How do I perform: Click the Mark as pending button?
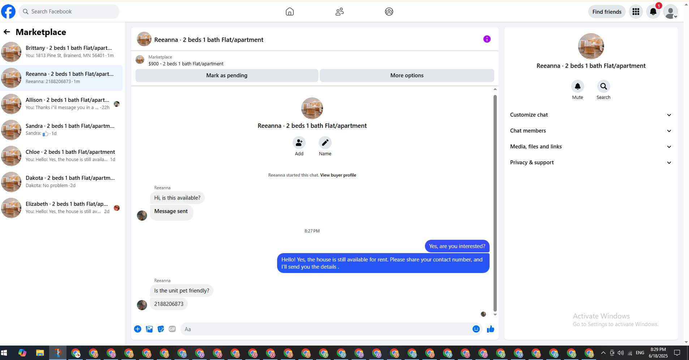227,75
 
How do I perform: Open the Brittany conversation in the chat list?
61,52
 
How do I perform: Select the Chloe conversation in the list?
61,156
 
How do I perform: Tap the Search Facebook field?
69,12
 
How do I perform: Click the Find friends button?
607,12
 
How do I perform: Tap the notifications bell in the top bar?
653,12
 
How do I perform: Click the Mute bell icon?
577,86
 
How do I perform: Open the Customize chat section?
591,115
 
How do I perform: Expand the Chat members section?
591,131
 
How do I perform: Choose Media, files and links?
591,147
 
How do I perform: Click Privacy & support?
591,162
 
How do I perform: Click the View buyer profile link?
338,175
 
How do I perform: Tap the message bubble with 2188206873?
169,304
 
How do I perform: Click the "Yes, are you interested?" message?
457,246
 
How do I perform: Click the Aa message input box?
325,329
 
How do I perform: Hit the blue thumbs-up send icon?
490,329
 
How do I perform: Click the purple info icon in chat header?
487,39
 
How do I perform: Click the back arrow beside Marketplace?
7,32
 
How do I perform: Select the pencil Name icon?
325,143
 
